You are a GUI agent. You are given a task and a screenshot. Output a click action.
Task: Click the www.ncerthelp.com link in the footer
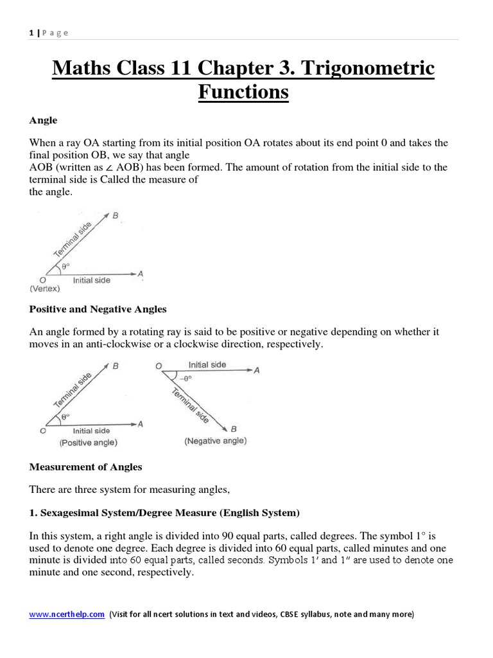pos(67,614)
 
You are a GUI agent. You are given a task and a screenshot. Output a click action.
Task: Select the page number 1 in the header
pos(31,33)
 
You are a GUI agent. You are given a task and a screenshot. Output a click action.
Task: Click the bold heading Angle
pos(43,120)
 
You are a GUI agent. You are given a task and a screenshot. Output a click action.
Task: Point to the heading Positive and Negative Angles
pos(98,309)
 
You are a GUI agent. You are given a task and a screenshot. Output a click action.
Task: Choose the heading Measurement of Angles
pos(85,467)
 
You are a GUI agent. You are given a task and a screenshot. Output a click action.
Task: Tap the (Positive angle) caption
pos(89,443)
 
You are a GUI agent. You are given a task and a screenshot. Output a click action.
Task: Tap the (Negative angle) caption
pos(215,441)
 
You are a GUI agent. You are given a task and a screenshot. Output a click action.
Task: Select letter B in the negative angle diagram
pos(234,429)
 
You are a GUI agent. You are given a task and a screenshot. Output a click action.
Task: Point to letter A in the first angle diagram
pos(141,274)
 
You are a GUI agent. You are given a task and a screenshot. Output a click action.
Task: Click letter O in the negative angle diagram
pos(158,367)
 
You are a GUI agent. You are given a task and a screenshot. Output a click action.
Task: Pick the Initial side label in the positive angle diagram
pos(91,431)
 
